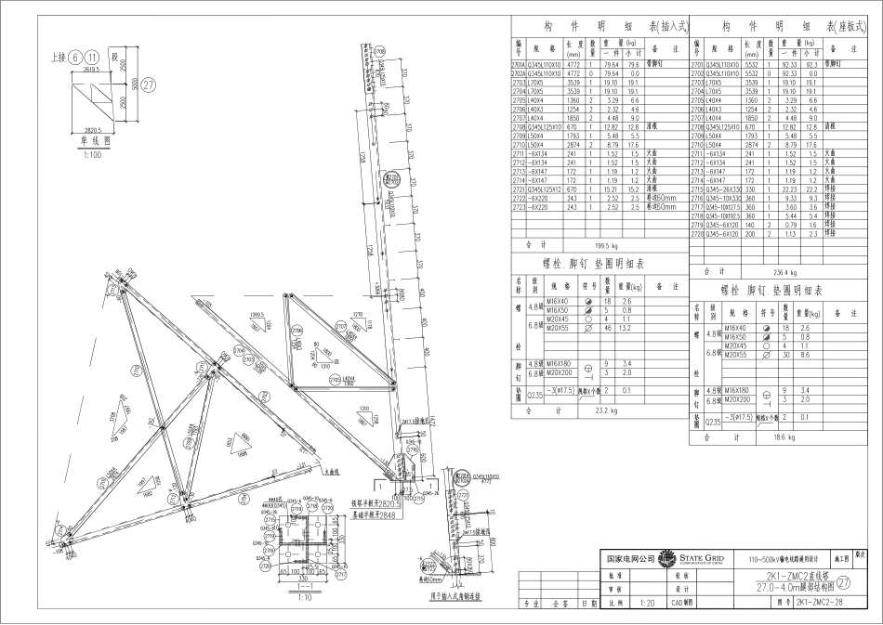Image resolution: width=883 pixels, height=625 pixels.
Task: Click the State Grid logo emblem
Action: tap(667, 559)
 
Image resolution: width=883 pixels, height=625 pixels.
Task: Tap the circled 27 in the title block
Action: tap(844, 583)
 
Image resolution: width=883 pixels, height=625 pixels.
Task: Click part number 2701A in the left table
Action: tap(519, 65)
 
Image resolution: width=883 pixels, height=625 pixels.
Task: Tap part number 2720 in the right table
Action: tap(697, 234)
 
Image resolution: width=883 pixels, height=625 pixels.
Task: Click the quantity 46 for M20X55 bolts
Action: tap(608, 329)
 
